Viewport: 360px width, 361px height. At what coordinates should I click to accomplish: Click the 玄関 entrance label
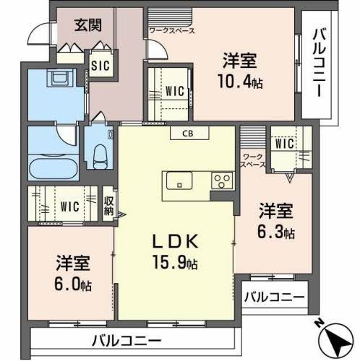coord(88,25)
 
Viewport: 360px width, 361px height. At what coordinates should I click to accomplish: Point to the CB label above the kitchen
coord(188,133)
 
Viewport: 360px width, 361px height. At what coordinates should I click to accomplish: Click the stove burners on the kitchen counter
coord(220,180)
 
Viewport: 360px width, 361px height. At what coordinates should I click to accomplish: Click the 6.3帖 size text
coord(277,232)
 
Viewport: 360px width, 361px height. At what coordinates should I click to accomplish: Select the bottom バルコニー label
coord(127,340)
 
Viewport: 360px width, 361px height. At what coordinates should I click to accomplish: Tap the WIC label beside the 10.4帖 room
coord(173,91)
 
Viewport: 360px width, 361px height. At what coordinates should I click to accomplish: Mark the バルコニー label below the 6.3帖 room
coord(274,296)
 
